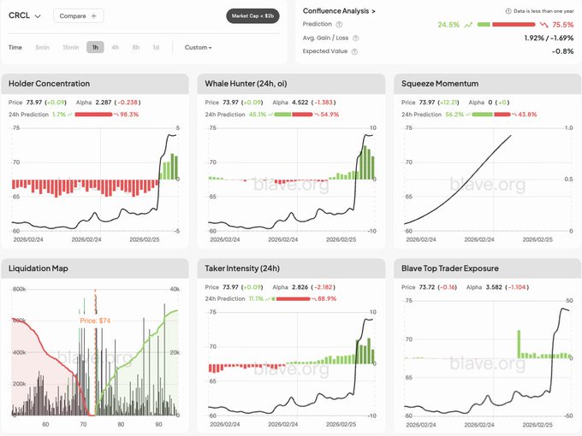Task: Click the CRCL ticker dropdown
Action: pos(25,15)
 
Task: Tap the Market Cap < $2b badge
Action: pos(252,15)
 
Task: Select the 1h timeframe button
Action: pos(95,47)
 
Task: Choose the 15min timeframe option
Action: pos(70,47)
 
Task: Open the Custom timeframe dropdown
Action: pos(198,47)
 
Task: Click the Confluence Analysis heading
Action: pos(340,10)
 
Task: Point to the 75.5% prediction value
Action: pos(562,25)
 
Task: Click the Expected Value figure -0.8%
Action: pos(562,51)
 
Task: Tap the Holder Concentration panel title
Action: pos(49,84)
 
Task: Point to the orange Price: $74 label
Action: pos(96,321)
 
